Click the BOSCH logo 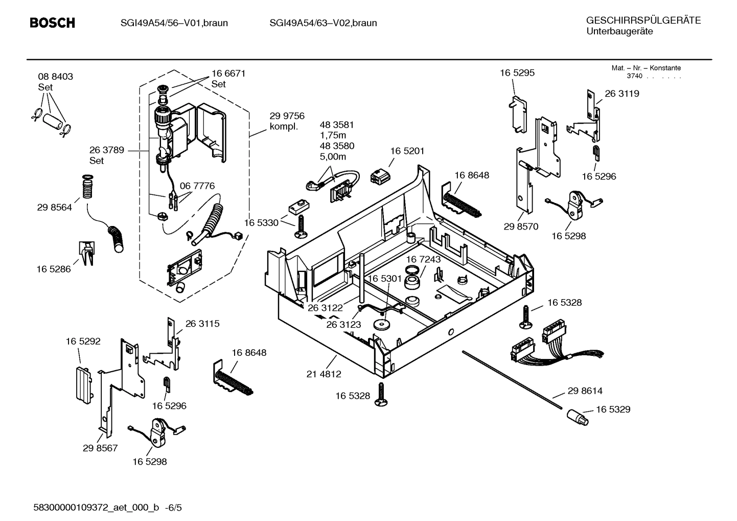52,23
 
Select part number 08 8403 55,77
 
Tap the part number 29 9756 287,116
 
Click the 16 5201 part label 407,151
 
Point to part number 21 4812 324,374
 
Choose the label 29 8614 585,391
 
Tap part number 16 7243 423,260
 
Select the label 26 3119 621,94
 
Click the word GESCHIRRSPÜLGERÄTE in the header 643,21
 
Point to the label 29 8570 521,227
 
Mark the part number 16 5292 83,341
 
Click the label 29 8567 100,448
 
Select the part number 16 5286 54,269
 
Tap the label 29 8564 54,208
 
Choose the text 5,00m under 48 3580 333,157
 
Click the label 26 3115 202,324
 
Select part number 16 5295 517,73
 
